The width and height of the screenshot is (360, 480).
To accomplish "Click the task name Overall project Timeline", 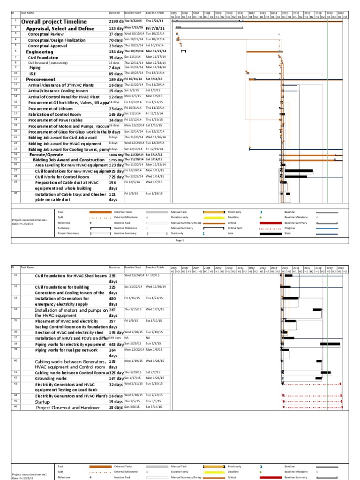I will [54, 22].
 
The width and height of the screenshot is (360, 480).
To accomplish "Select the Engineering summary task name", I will [39, 52].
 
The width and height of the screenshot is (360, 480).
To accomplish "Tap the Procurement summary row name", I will [41, 80].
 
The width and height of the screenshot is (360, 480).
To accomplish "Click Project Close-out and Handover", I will [68, 408].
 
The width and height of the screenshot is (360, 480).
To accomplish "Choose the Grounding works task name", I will [51, 378].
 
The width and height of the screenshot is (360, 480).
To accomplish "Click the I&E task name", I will [33, 74].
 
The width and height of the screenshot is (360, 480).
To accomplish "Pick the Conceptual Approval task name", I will [49, 46].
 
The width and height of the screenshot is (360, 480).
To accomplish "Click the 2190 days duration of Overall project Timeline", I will [116, 22].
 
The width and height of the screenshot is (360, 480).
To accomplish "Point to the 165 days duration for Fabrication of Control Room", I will [116, 114].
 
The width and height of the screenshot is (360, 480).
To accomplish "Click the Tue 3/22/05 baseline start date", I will [134, 21].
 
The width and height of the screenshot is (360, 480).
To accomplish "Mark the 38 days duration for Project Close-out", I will [115, 408].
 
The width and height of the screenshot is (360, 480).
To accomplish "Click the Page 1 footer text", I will [180, 240].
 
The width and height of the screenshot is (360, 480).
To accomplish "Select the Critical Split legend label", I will [235, 228].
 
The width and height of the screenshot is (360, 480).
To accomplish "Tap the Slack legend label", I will [288, 233].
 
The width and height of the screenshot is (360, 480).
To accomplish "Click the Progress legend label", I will [292, 228].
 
